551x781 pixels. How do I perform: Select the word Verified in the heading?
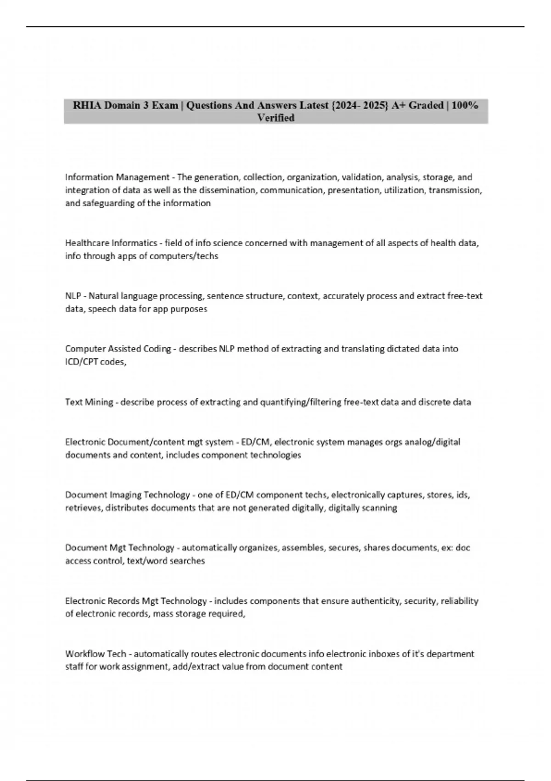[275, 118]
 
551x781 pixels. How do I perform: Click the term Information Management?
[117, 177]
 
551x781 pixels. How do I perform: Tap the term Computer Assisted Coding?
[118, 349]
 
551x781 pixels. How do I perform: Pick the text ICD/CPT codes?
[96, 362]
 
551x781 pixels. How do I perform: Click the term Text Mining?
[89, 402]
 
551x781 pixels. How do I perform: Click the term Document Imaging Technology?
[127, 495]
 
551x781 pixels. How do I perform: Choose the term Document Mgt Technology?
[119, 548]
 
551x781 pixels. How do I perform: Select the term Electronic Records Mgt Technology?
[136, 601]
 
